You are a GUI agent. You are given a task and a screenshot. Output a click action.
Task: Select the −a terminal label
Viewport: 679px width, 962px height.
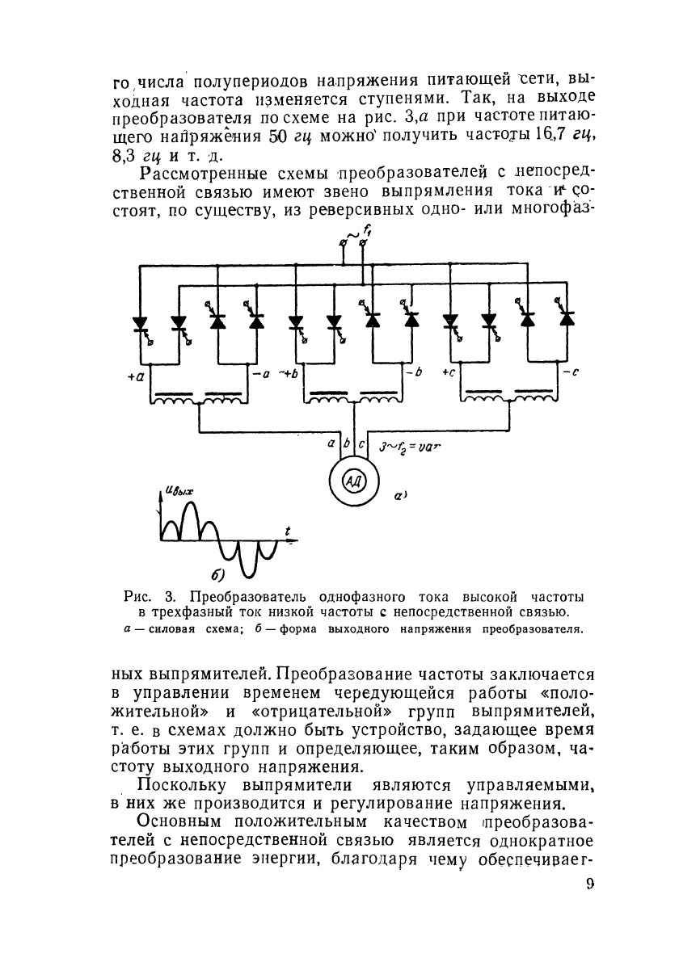point(261,373)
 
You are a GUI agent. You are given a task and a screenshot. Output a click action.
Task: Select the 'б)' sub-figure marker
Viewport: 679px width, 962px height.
point(217,575)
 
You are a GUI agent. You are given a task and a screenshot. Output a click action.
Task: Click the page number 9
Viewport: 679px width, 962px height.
point(589,884)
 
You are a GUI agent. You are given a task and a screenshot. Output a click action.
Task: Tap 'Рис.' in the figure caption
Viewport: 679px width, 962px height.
point(140,599)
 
